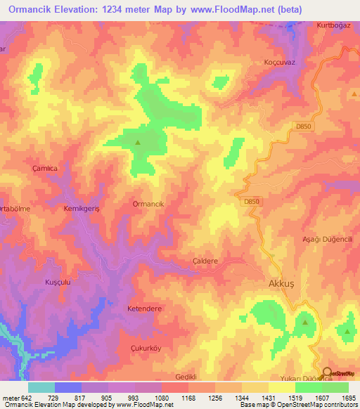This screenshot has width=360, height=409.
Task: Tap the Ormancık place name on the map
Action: pyautogui.click(x=148, y=203)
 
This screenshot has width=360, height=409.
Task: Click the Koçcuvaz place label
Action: pyautogui.click(x=279, y=62)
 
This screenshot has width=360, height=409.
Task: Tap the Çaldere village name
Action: pyautogui.click(x=205, y=260)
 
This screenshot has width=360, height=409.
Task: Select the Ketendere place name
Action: pyautogui.click(x=145, y=309)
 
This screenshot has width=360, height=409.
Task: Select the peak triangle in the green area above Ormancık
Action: pyautogui.click(x=138, y=143)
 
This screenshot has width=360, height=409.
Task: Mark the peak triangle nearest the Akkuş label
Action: pyautogui.click(x=305, y=322)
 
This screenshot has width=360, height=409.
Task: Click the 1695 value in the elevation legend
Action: pyautogui.click(x=347, y=398)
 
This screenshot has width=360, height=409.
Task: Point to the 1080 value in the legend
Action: pyautogui.click(x=162, y=398)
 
